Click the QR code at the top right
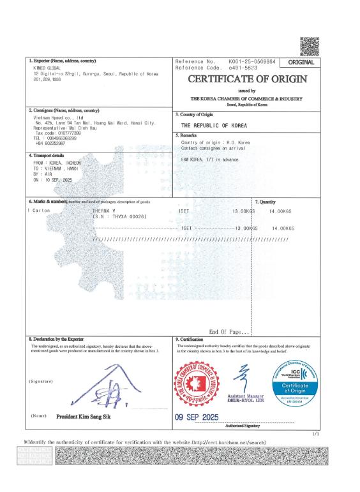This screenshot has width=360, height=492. [309, 46]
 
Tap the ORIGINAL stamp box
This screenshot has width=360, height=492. [301, 63]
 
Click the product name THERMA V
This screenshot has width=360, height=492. [105, 211]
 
